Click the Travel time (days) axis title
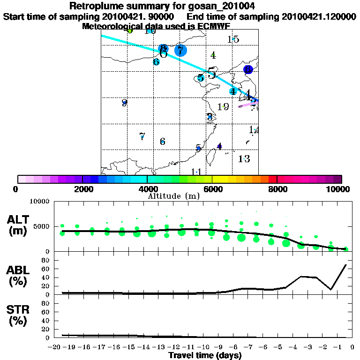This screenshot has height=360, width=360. coord(205,356)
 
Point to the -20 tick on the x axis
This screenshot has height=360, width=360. coord(55,347)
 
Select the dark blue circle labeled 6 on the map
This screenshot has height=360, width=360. coord(248,69)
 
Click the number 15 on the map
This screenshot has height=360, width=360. coord(233,39)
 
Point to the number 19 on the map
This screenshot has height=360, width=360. coord(223,107)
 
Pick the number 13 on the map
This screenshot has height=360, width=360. coord(244,158)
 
